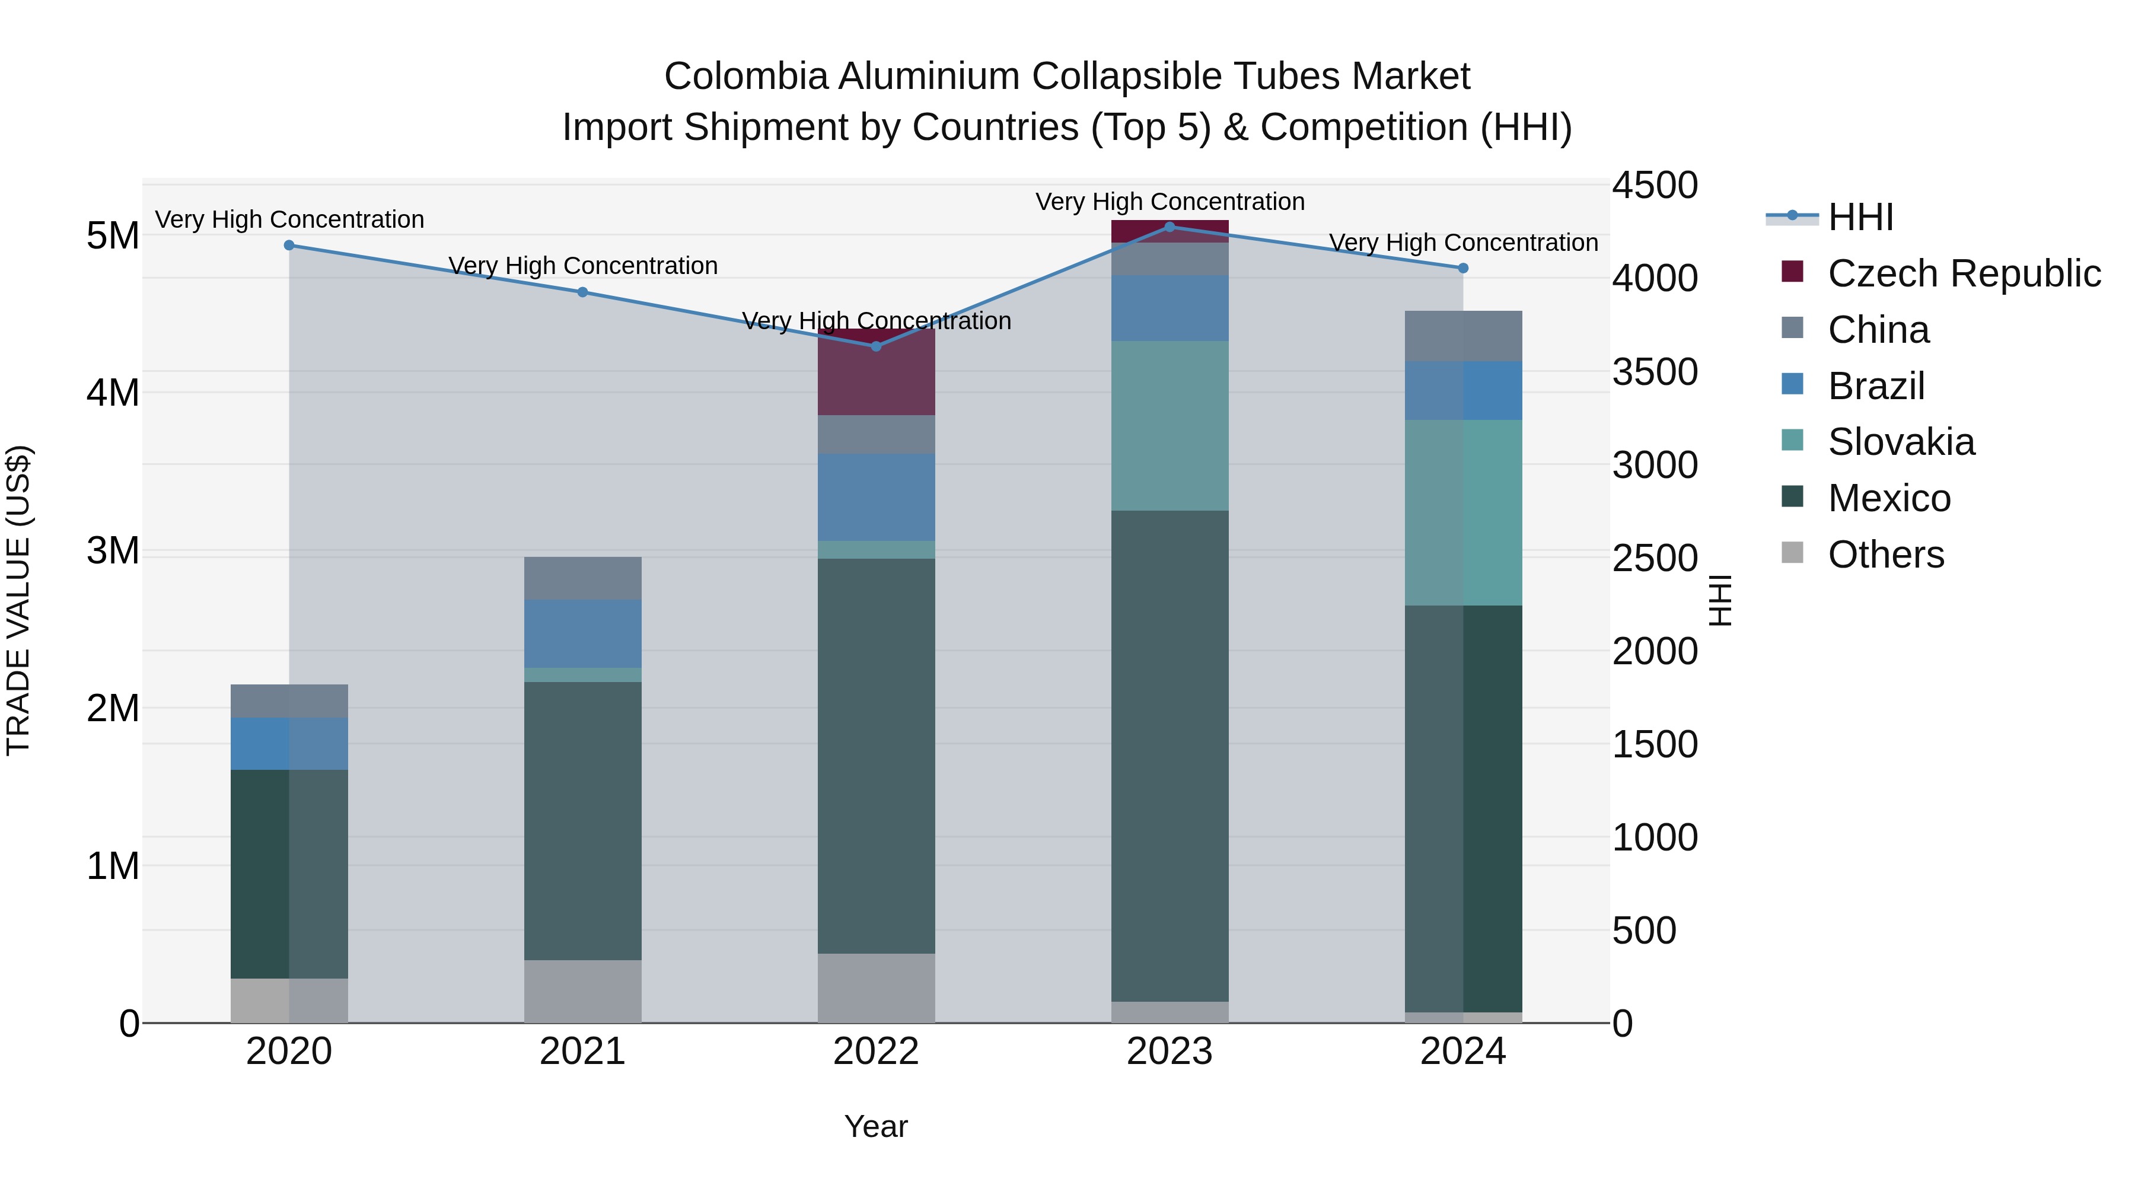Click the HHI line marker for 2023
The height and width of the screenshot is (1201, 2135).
click(1170, 227)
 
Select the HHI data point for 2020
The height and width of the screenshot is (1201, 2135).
click(289, 246)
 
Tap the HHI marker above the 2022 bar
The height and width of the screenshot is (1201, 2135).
click(876, 346)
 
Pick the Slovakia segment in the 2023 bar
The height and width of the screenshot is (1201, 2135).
click(1170, 425)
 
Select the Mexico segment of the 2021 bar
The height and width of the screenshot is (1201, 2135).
click(582, 821)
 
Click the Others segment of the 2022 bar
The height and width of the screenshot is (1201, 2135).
click(876, 988)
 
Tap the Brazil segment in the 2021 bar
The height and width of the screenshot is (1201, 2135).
click(582, 633)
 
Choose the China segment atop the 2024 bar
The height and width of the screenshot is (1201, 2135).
click(1463, 336)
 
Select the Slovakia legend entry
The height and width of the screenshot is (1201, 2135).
click(1901, 442)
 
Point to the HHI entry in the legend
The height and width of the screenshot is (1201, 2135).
click(1860, 217)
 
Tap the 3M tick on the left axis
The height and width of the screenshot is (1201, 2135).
click(113, 550)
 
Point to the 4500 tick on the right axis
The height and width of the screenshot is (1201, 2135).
click(1654, 185)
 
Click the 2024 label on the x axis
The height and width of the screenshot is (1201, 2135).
click(1463, 1052)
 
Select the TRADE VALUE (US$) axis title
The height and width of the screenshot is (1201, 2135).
click(18, 600)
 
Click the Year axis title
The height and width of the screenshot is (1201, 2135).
click(876, 1126)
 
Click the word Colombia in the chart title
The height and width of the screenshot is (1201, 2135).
click(746, 77)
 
